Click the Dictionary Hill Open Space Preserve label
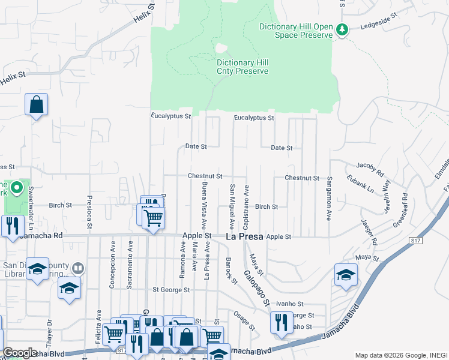point(295,31)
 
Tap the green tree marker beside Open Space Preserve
point(342,29)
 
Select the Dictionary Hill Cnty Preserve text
point(243,67)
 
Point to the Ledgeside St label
point(379,27)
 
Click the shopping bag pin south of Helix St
point(36,104)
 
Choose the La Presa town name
point(244,236)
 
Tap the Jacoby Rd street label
point(369,165)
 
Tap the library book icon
point(78,268)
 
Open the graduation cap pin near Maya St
point(346,274)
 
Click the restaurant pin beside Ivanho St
point(280,322)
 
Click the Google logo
point(19,353)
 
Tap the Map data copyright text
point(400,355)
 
